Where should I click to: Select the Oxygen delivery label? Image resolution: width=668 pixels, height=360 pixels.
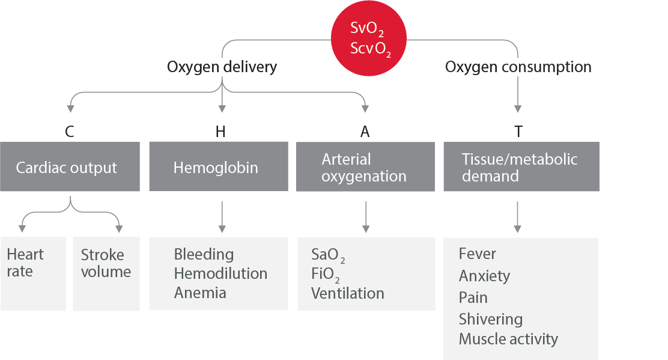pos(222,67)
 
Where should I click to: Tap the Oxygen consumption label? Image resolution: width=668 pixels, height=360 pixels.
pos(518,67)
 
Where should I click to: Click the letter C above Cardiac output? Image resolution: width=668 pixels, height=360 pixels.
pos(70,131)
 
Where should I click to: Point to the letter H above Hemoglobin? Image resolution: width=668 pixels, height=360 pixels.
pos(220,131)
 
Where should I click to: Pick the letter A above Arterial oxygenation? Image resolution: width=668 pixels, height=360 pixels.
pos(365,131)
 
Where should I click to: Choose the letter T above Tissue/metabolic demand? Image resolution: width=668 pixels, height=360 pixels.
pos(518,131)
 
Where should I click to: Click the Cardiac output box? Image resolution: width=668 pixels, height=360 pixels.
pos(70,167)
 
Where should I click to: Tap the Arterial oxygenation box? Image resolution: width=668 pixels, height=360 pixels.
pos(365,167)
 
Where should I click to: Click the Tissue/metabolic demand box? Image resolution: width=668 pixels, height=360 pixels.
pos(521,167)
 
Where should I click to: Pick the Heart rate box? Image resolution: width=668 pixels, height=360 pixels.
pos(33,273)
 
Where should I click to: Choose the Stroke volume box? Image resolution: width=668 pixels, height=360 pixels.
pos(106,273)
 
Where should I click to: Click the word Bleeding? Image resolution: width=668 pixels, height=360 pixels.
pos(204,254)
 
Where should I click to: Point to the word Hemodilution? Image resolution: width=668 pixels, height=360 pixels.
pos(220,273)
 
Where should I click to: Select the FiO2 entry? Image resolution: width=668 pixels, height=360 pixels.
pos(325,275)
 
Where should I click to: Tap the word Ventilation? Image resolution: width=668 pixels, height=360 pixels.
pos(347,293)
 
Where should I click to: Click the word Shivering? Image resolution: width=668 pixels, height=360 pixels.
pos(490,319)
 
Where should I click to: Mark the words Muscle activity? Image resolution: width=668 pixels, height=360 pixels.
pos(508,339)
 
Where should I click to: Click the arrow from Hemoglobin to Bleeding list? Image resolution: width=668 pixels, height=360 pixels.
pos(222,217)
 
